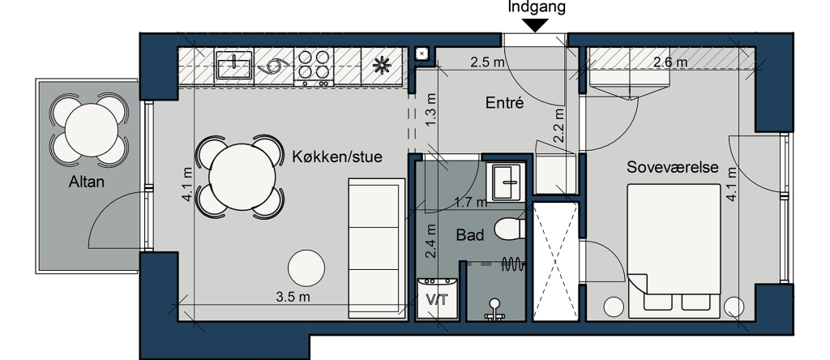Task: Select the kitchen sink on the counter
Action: (x=234, y=65)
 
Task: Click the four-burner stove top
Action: (x=314, y=66)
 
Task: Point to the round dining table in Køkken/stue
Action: (x=242, y=177)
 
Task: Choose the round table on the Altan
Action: (x=91, y=131)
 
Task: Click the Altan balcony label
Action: (x=86, y=182)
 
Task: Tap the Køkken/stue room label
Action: (x=337, y=156)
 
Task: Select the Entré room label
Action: (x=504, y=103)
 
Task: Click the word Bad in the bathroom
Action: (x=470, y=235)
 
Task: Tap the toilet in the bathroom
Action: (x=509, y=229)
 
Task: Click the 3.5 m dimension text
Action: (x=293, y=297)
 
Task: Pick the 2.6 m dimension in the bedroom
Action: (x=670, y=62)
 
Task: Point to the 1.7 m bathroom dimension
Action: (x=471, y=202)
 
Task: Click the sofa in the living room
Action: (x=376, y=249)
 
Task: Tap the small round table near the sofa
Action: (x=306, y=268)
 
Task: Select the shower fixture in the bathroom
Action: (x=494, y=311)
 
